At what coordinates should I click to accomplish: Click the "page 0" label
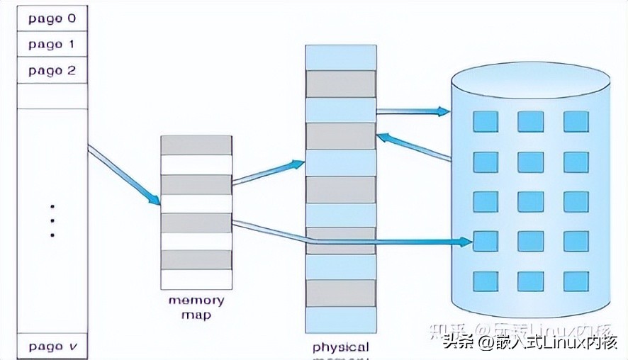(51, 19)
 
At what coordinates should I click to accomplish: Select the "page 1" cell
(51, 45)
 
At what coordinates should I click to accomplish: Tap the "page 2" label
(51, 71)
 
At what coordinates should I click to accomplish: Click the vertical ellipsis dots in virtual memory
(52, 221)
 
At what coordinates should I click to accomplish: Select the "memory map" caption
(196, 308)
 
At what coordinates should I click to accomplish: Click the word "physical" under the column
(341, 347)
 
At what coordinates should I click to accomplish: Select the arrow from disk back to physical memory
(415, 147)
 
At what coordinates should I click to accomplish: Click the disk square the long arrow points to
(486, 242)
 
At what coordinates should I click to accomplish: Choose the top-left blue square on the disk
(486, 122)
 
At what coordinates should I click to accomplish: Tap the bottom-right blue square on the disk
(576, 281)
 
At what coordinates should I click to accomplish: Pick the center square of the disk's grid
(530, 201)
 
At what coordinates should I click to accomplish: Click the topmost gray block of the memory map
(196, 145)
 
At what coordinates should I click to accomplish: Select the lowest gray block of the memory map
(196, 259)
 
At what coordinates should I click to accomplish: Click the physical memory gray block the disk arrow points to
(340, 136)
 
